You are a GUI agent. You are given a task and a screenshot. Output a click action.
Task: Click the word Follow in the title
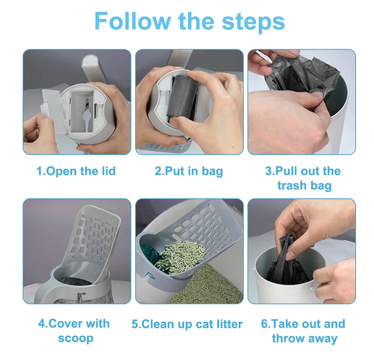(x=132, y=21)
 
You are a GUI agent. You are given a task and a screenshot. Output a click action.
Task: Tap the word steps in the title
(x=254, y=22)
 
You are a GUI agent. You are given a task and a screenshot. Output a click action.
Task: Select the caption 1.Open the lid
(x=76, y=171)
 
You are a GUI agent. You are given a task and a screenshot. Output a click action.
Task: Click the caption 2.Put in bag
(x=189, y=171)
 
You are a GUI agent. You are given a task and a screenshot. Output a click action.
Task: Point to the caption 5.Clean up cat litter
(x=187, y=324)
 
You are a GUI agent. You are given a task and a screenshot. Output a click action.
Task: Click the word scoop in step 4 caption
(x=76, y=338)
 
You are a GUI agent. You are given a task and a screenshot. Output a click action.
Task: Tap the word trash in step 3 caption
(x=292, y=185)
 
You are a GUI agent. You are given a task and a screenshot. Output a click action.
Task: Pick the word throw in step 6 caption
(x=288, y=338)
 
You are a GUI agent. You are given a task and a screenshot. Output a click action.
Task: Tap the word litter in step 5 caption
(x=230, y=324)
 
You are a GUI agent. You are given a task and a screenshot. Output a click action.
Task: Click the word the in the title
(x=196, y=21)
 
